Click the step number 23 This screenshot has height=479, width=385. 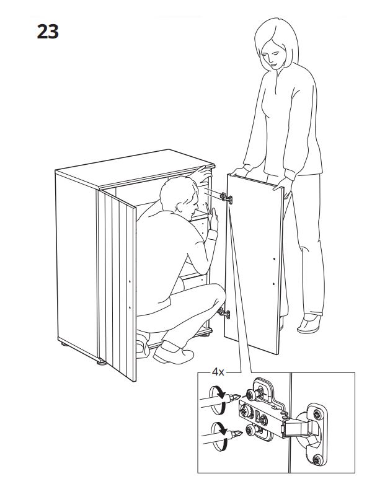point(47,32)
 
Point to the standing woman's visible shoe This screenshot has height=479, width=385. point(309,323)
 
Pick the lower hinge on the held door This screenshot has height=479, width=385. point(224,314)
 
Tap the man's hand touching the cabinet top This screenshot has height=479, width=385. point(200,172)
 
